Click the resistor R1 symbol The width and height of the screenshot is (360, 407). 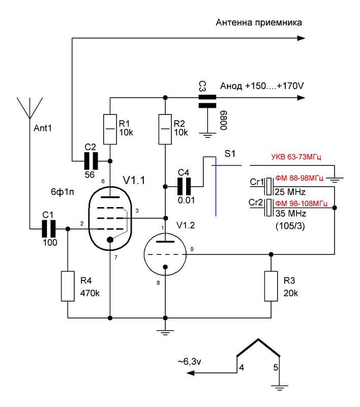pos(110,129)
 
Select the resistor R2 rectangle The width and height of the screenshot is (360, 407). pos(165,129)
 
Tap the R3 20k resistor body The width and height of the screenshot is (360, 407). pos(271,286)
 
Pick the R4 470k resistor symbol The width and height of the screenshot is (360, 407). pos(68,286)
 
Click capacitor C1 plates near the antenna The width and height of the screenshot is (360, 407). pos(49,228)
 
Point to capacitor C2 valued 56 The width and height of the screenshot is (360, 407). pos(91,161)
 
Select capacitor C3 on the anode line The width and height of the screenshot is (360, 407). pos(207,101)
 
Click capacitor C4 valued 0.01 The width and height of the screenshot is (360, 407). pos(184,186)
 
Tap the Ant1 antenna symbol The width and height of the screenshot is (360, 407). pos(30,108)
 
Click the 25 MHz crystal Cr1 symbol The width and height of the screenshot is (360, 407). pos(269,186)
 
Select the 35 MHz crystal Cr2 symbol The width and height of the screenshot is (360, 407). pos(269,208)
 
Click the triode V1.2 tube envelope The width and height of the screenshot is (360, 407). pos(165,254)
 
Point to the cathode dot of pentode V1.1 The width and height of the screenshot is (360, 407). pos(110,239)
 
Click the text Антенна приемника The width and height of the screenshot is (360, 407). pos(259,22)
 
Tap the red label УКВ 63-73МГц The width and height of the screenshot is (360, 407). pos(296,157)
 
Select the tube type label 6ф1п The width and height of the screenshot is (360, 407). pos(62,192)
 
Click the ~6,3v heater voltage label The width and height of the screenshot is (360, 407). pos(189,361)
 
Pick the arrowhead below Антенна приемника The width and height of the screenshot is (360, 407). pos(301,38)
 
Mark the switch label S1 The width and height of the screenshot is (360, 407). pos(230,154)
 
